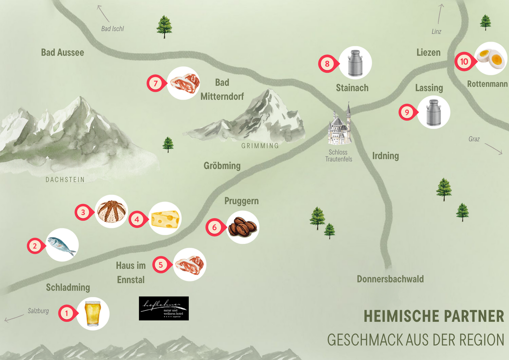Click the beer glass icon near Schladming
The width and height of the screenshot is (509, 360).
(93, 314)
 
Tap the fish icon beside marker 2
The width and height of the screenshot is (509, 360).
(62, 245)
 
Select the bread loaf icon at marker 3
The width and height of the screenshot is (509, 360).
(112, 211)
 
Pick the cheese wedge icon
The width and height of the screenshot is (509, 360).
(165, 219)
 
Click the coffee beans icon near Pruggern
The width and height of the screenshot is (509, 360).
(242, 227)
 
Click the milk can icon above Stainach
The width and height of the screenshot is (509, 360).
(355, 63)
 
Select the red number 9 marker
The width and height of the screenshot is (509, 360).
(407, 113)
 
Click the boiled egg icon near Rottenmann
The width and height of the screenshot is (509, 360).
(491, 58)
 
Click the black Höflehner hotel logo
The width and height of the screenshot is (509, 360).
(163, 308)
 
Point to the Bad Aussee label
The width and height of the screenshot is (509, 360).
(63, 53)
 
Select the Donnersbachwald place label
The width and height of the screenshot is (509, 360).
(390, 279)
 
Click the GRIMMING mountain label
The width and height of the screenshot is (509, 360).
(260, 146)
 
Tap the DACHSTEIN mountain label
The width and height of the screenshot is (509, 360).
(65, 180)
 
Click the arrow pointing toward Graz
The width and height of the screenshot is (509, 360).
(493, 148)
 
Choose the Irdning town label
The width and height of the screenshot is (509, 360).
(385, 156)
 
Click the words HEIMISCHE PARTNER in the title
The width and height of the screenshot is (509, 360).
(434, 316)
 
